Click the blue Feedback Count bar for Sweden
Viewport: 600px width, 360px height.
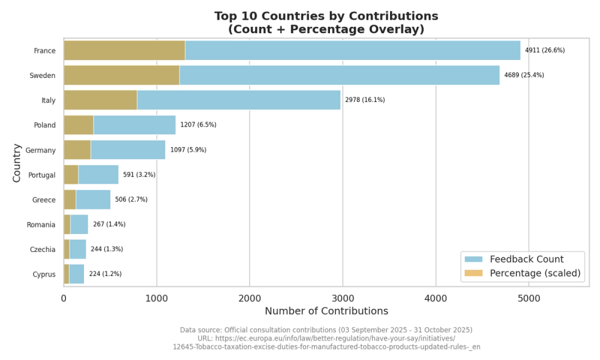click(x=340, y=76)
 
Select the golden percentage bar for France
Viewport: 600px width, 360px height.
click(x=124, y=50)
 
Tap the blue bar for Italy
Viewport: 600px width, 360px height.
click(x=239, y=100)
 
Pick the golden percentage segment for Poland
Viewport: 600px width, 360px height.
click(x=79, y=125)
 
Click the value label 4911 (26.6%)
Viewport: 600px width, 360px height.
click(x=545, y=50)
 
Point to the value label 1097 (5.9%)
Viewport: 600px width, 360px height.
click(x=188, y=149)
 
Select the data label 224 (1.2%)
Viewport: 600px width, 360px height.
click(x=105, y=274)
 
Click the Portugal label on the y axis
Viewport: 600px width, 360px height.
click(x=42, y=175)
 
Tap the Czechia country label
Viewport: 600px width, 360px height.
click(x=43, y=250)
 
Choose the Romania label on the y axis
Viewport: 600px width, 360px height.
click(x=41, y=224)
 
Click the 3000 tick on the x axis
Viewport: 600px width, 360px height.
click(x=343, y=298)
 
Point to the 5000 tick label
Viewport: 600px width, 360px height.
click(x=529, y=298)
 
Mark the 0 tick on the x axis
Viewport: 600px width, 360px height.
click(x=64, y=298)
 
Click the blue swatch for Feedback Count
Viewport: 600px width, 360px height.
click(x=474, y=259)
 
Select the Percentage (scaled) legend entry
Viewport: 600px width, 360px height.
click(x=523, y=273)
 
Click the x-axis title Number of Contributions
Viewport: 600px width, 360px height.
click(x=326, y=311)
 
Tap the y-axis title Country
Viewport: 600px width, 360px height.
click(x=16, y=163)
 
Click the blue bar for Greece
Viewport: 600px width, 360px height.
click(x=94, y=200)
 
